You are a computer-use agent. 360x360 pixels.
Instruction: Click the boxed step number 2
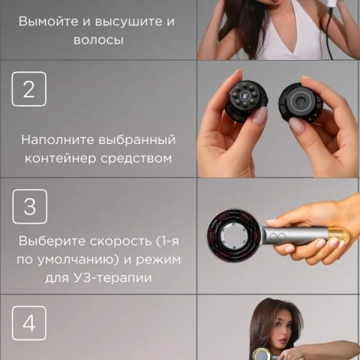pos(29,89)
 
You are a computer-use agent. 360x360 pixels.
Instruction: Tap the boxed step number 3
pos(30,206)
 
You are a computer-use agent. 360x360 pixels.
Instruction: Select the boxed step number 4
pos(29,323)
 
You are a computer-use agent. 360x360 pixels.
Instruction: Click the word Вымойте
pos(49,21)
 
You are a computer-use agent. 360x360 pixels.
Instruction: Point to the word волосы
pos(98,40)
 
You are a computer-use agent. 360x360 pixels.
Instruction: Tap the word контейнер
pos(61,158)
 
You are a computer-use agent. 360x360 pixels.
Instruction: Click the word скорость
pos(121,241)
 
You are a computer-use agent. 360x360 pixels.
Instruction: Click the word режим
pos(158,260)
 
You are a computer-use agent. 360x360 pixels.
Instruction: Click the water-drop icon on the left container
pos(244,95)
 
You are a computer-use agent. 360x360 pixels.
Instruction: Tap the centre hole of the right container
pos(298,100)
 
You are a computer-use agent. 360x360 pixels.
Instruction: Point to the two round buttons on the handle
pos(277,235)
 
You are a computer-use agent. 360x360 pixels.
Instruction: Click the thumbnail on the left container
pos(259,115)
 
